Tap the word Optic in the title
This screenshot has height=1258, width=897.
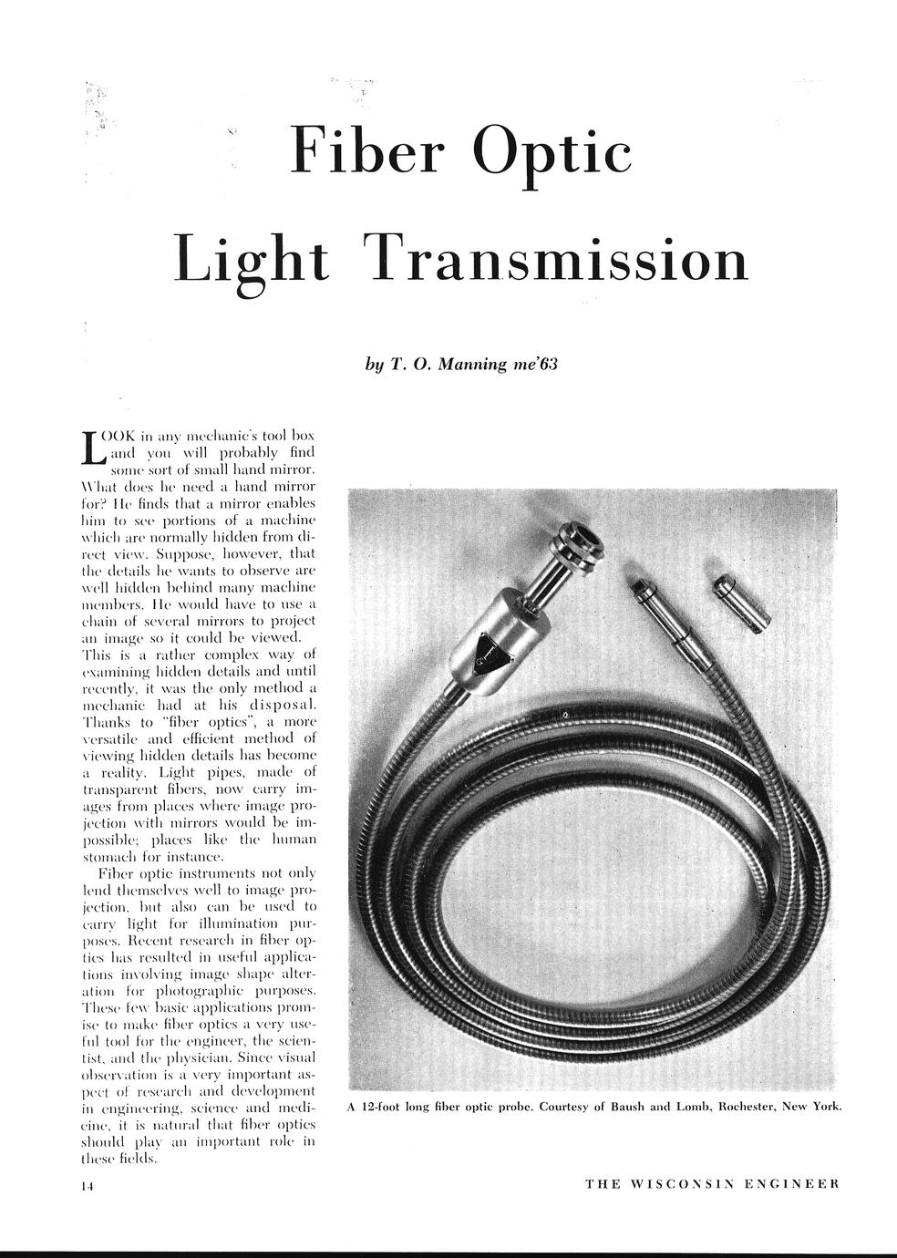click(x=556, y=151)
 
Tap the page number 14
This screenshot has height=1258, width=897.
click(x=88, y=1185)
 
